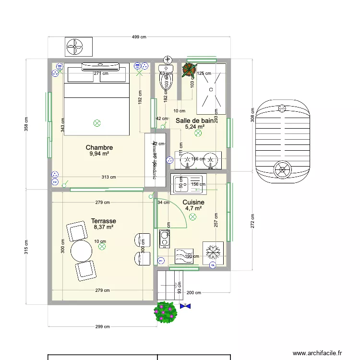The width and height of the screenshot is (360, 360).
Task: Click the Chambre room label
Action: point(99,147)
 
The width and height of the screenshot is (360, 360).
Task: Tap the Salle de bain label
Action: point(194,120)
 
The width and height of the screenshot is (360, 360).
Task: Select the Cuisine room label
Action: point(193,203)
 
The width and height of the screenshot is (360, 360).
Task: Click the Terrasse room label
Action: point(103,221)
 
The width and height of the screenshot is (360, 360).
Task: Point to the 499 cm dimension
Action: point(139,37)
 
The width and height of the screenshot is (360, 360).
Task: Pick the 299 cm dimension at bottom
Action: point(103,327)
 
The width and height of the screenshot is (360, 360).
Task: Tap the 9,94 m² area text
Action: point(99,154)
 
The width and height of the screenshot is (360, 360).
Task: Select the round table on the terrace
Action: point(81,250)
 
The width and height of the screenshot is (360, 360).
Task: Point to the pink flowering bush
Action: point(166,312)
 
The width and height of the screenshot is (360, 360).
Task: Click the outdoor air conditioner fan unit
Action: point(78,47)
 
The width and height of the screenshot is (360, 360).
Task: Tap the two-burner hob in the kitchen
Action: point(165,239)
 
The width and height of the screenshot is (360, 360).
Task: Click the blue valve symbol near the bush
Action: point(185,305)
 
